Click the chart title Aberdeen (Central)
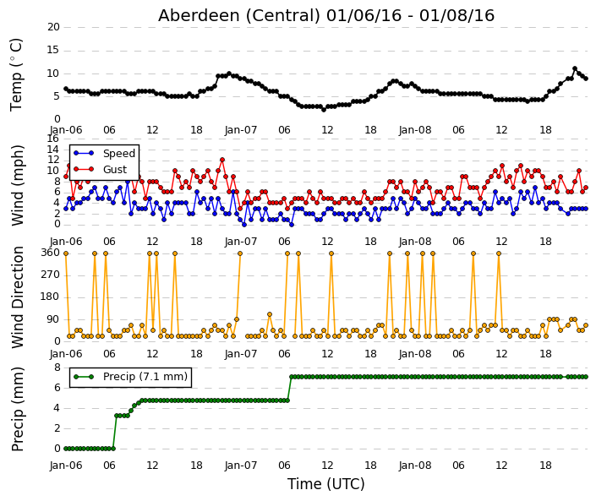click(239, 15)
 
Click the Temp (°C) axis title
click(16, 75)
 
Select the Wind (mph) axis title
click(17, 186)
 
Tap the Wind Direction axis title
click(17, 297)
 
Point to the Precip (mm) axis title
click(17, 409)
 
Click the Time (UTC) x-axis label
click(325, 484)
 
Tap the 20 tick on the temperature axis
click(53, 27)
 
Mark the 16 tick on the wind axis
click(52, 139)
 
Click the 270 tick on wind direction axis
click(51, 275)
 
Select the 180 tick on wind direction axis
click(51, 297)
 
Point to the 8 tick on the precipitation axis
click(57, 368)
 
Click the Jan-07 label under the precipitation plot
click(241, 466)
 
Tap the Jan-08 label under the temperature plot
click(415, 130)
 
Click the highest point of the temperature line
click(575, 68)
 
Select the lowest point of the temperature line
click(324, 109)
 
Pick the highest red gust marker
click(222, 160)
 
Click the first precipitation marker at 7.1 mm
click(292, 377)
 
